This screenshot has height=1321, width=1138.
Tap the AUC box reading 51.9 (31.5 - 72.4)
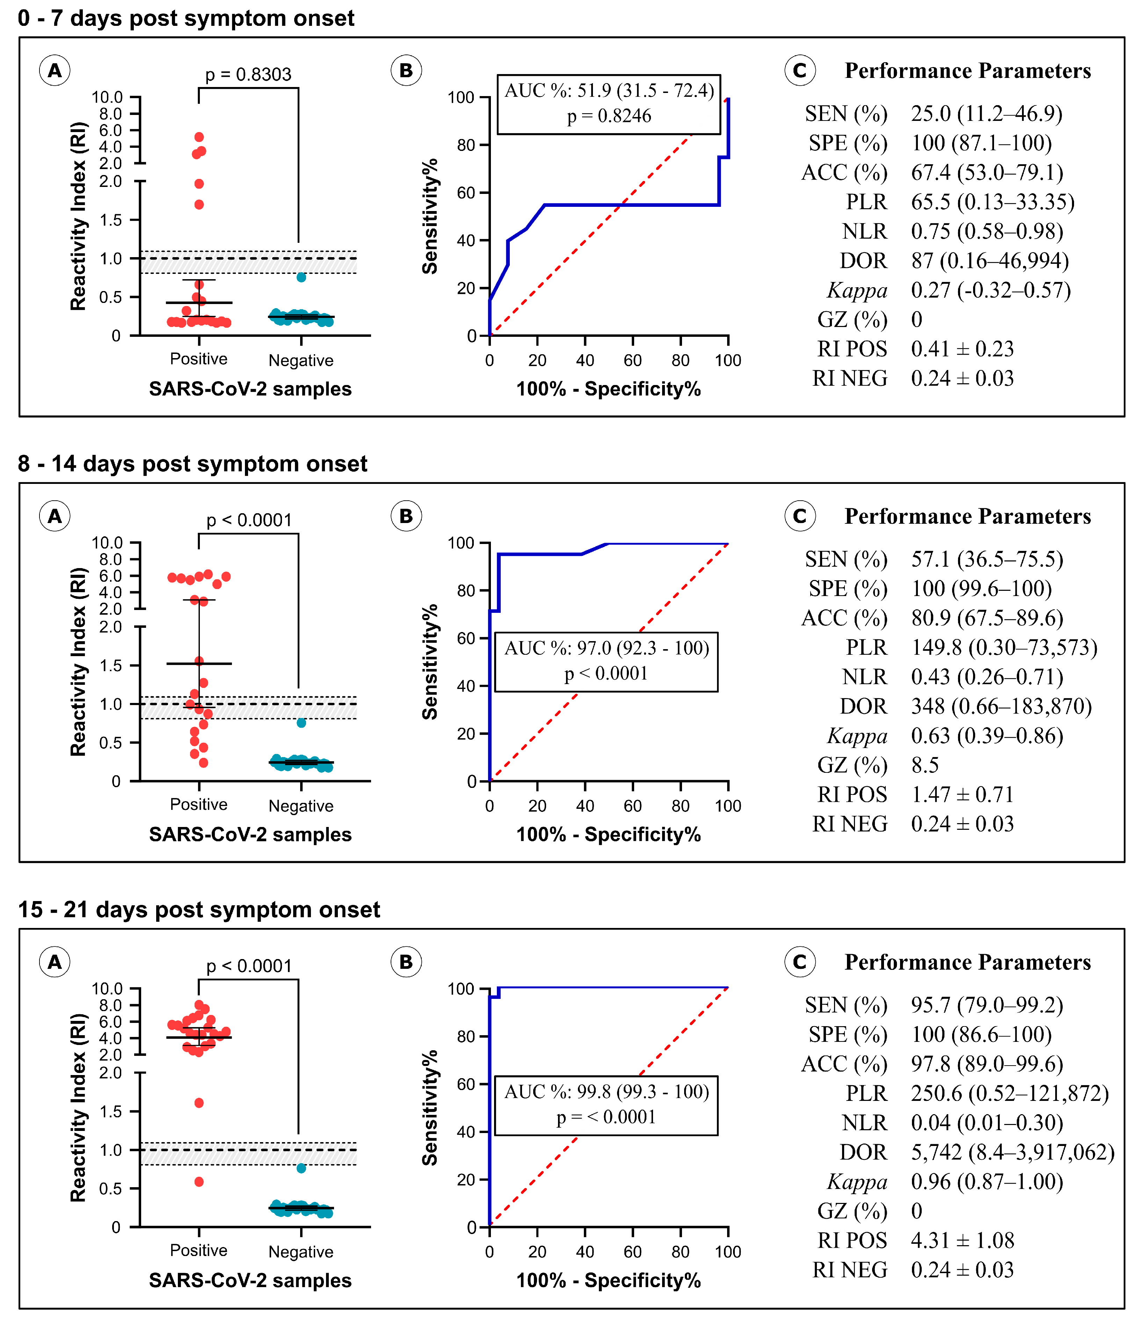pos(609,103)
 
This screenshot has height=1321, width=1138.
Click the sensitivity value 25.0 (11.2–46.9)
pos(986,114)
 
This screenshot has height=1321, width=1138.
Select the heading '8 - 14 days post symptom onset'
pos(193,464)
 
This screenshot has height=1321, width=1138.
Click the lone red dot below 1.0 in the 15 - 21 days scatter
pos(199,1181)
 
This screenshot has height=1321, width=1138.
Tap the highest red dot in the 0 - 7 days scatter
pos(199,137)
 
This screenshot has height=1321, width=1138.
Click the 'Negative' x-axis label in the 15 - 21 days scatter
pos(301,1251)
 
